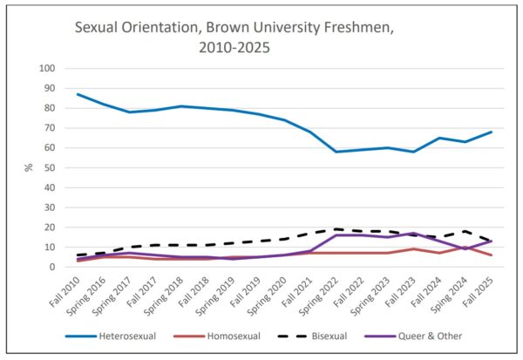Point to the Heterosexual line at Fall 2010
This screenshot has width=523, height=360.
pos(78,94)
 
